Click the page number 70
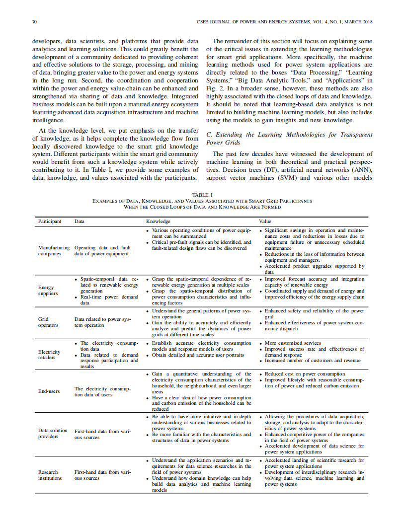(x=35, y=22)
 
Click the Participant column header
(x=50, y=221)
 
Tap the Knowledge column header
(x=158, y=221)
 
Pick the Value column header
(x=265, y=221)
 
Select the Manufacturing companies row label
(x=54, y=250)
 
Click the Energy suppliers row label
(x=48, y=290)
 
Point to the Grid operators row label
(x=48, y=322)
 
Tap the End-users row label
(x=49, y=391)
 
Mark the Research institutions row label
(x=50, y=475)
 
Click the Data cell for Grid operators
(x=102, y=322)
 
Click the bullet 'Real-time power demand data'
(x=109, y=299)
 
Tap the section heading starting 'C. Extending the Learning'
(x=289, y=138)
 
